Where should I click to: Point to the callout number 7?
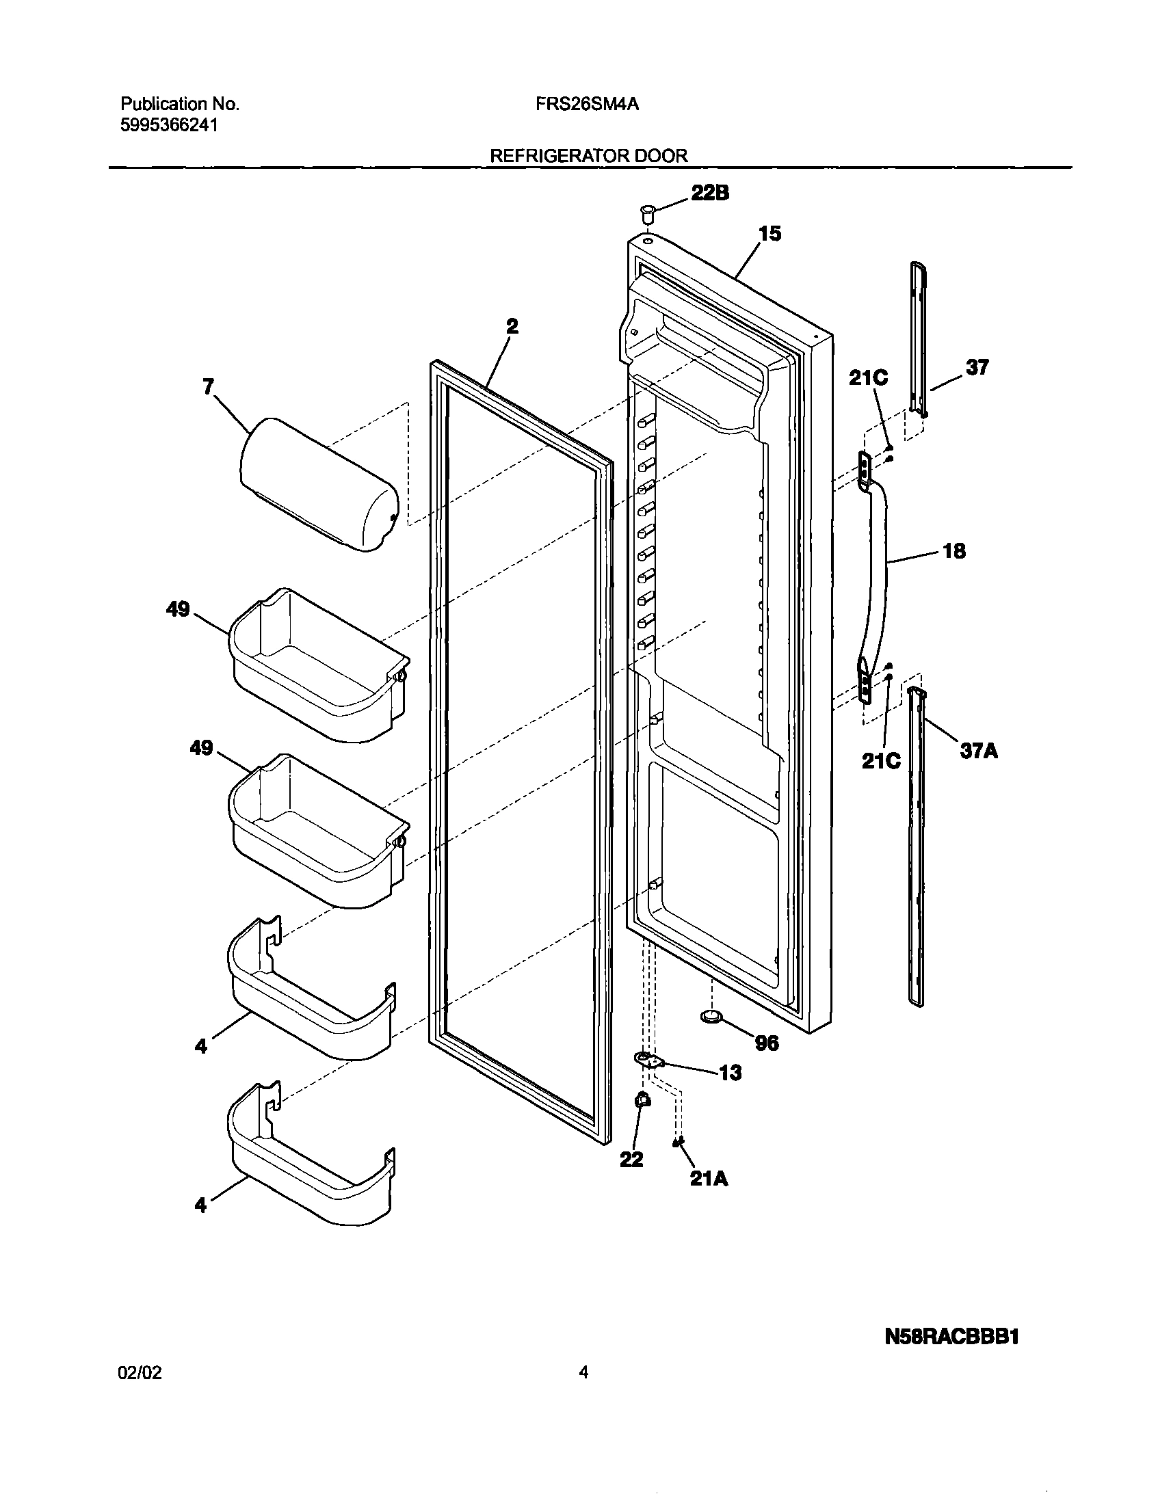pos(209,387)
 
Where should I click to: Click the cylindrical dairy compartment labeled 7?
pos(319,485)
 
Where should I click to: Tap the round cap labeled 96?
pos(711,1017)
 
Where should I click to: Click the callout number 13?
pos(730,1073)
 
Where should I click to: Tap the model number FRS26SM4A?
pos(588,104)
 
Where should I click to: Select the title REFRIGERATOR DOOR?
pos(588,156)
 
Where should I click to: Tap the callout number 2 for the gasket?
pos(512,326)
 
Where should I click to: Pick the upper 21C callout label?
pos(868,377)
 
